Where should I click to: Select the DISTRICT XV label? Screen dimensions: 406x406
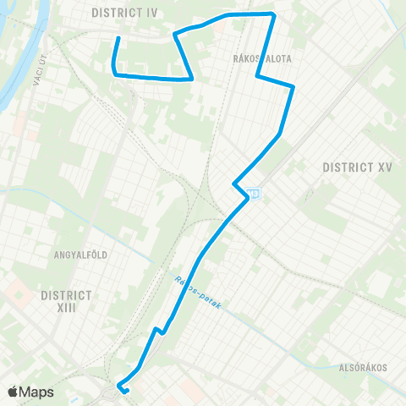[x=358, y=167]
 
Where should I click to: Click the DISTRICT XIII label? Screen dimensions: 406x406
[x=65, y=302]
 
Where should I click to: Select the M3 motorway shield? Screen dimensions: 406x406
[x=255, y=194]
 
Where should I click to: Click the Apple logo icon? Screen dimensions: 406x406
[x=14, y=392]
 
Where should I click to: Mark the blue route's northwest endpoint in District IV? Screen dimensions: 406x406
[x=117, y=38]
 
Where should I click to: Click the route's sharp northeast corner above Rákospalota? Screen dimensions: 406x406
[x=273, y=14]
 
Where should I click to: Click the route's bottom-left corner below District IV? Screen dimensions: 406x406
[x=114, y=74]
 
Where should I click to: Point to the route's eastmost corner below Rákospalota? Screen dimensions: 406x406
[x=293, y=86]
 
